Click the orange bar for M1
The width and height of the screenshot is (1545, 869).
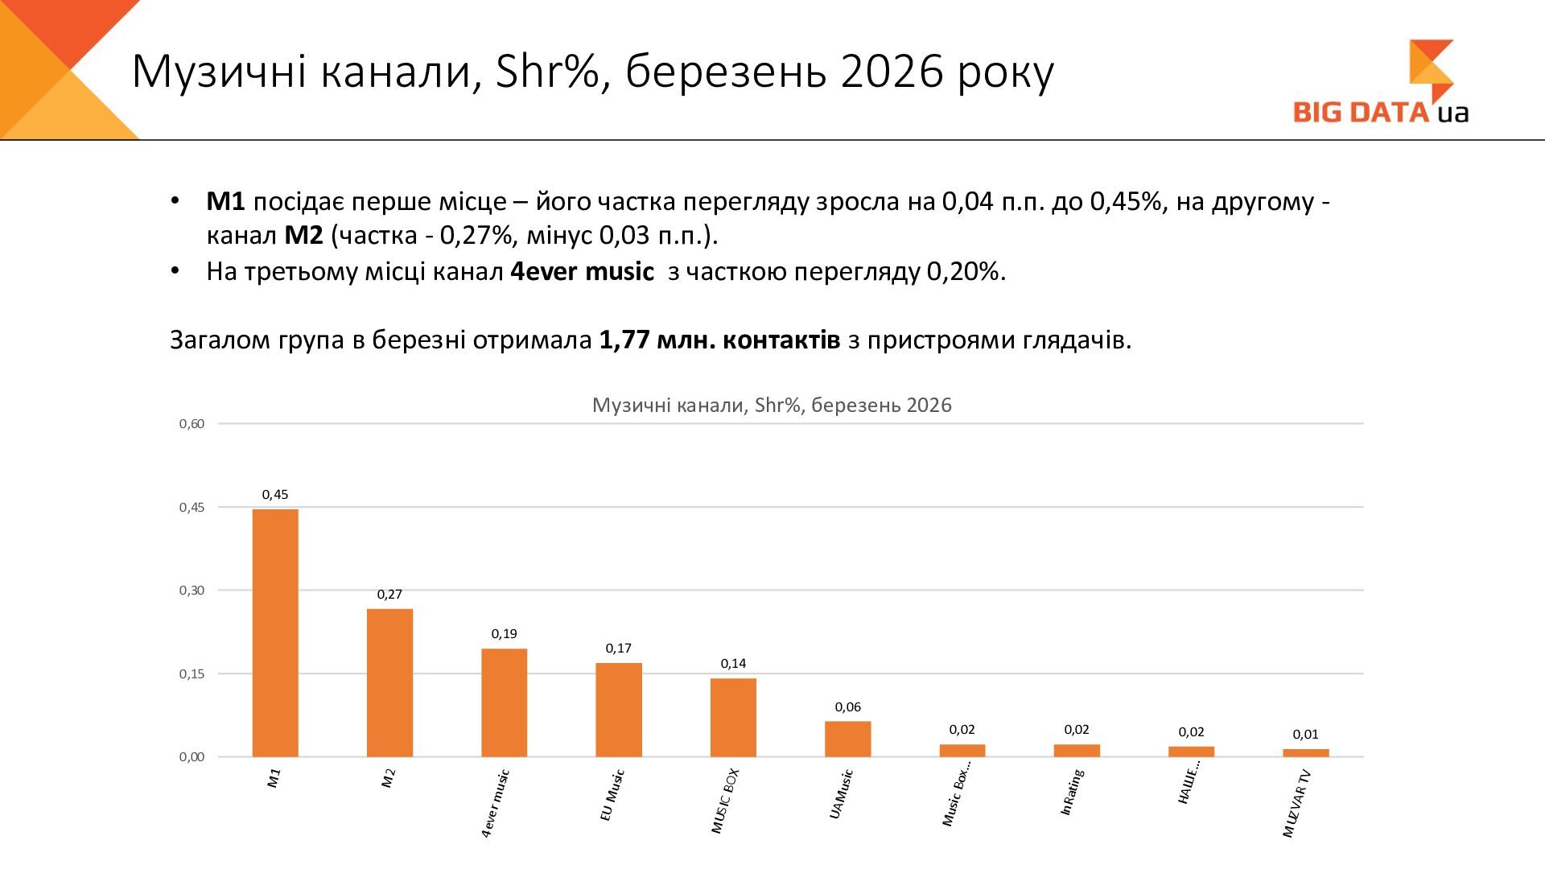(x=275, y=632)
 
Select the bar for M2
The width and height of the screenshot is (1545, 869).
(x=389, y=682)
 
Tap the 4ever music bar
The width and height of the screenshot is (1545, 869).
(x=504, y=702)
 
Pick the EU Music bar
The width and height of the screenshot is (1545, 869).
(x=619, y=710)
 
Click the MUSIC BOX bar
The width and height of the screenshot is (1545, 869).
(x=733, y=718)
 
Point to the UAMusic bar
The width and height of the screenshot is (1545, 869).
(x=847, y=739)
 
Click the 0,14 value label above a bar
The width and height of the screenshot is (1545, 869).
(x=733, y=664)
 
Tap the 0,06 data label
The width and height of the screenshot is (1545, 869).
(x=847, y=707)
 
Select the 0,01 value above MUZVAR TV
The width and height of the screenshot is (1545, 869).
(x=1305, y=735)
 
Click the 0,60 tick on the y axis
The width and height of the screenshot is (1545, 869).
(x=192, y=424)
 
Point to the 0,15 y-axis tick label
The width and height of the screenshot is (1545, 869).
(x=192, y=674)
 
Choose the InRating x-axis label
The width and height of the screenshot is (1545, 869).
(x=1073, y=793)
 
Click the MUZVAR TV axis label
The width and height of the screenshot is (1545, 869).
(x=1297, y=804)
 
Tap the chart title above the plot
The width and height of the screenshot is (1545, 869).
(x=772, y=405)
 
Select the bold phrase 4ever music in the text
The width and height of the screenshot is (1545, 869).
(x=582, y=272)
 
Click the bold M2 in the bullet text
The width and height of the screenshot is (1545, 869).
(x=303, y=236)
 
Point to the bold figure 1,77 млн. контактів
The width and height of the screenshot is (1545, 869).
(x=719, y=340)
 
